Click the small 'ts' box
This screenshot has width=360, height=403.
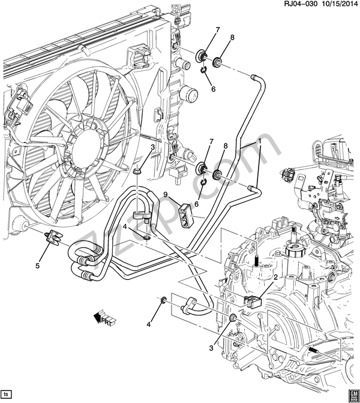click(7, 394)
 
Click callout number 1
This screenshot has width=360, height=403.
click(260, 141)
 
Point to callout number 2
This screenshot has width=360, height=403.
click(276, 277)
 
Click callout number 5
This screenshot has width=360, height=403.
click(38, 266)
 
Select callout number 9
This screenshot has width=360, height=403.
click(166, 195)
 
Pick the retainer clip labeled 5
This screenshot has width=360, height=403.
click(52, 237)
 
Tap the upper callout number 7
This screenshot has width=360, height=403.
click(218, 30)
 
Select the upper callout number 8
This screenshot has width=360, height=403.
click(232, 37)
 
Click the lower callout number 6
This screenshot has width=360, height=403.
click(197, 204)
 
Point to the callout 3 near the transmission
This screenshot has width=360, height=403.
click(211, 348)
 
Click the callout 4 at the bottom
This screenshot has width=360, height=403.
click(148, 325)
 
